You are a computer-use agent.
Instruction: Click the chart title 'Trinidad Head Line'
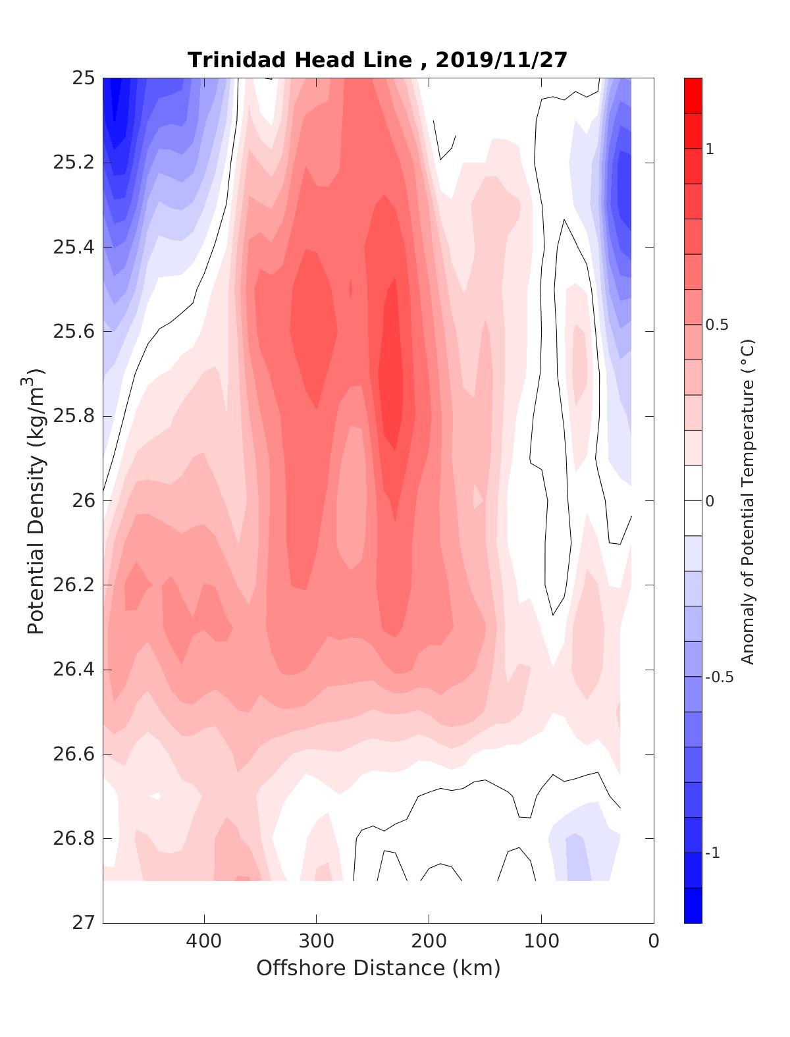(x=300, y=60)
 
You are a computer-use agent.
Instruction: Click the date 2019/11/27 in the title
(x=501, y=60)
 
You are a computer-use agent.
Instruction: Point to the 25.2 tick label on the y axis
(x=73, y=163)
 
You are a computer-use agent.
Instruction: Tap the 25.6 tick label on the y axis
(x=73, y=332)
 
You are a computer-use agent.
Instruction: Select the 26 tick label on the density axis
(x=83, y=501)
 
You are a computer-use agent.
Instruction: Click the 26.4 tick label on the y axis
(x=73, y=670)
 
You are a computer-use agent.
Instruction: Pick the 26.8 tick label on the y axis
(x=73, y=839)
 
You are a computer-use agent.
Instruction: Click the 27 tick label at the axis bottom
(x=83, y=923)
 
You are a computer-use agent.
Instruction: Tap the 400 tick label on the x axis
(x=204, y=942)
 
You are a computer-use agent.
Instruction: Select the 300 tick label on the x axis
(x=317, y=942)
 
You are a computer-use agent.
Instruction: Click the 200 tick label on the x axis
(x=429, y=942)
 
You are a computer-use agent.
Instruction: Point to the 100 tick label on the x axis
(x=542, y=942)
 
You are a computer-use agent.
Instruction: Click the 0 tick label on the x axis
(x=654, y=942)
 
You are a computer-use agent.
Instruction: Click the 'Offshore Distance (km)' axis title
(x=379, y=968)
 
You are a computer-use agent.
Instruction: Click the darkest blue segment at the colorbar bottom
(x=693, y=905)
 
